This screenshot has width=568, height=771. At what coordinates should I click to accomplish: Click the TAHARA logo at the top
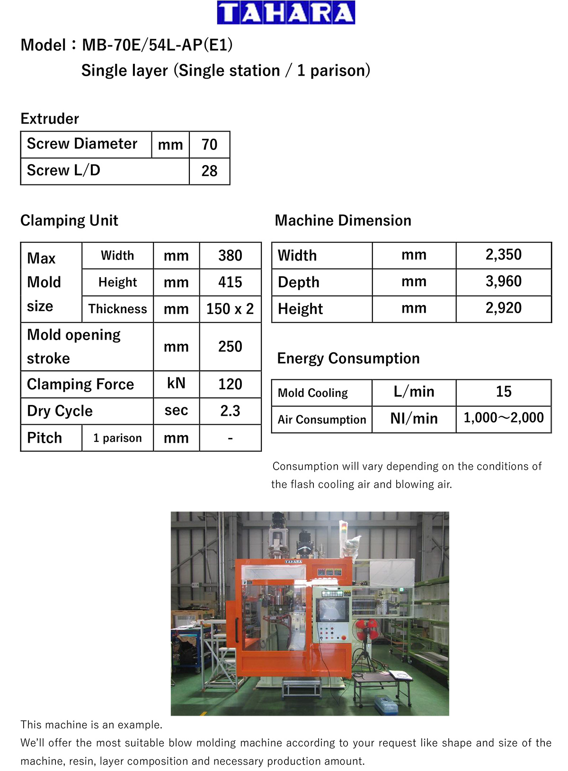(x=286, y=13)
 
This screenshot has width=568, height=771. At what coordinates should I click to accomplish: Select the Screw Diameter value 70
(x=209, y=144)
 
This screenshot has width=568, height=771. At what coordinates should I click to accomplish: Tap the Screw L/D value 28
(x=209, y=171)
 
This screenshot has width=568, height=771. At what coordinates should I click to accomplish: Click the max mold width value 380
(x=230, y=255)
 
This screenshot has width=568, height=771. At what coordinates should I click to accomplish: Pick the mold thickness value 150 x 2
(x=230, y=309)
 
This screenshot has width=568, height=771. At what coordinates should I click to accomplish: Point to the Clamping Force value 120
(x=230, y=384)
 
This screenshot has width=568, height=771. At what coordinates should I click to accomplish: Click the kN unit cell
(x=176, y=383)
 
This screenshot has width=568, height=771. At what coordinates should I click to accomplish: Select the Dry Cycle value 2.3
(x=230, y=411)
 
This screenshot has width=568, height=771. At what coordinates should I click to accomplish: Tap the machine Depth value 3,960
(x=503, y=281)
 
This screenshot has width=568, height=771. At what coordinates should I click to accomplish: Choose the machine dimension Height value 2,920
(x=503, y=308)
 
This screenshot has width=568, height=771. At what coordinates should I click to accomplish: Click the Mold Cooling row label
(x=313, y=393)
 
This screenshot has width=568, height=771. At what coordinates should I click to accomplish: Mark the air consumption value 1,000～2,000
(x=503, y=418)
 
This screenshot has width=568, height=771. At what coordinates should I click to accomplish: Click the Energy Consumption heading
(x=348, y=359)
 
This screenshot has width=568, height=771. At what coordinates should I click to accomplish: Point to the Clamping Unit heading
(x=69, y=220)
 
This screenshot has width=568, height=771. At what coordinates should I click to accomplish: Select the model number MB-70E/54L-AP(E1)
(x=157, y=45)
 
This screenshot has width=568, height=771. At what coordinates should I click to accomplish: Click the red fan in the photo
(x=367, y=629)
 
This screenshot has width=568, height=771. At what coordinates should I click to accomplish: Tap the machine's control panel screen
(x=332, y=609)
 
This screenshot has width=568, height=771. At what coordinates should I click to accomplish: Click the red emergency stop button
(x=344, y=638)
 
